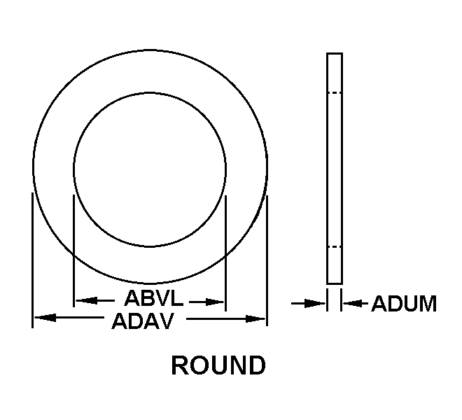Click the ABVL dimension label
(x=153, y=298)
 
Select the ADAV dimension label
(x=143, y=321)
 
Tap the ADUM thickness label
(x=404, y=304)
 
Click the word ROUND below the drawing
(x=218, y=365)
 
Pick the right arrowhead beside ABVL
(x=214, y=302)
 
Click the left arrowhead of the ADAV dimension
(x=45, y=318)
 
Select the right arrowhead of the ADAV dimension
(x=255, y=319)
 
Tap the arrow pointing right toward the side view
(x=308, y=303)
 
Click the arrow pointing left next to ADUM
(x=356, y=303)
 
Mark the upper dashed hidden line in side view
(x=335, y=93)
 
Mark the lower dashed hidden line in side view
(x=335, y=246)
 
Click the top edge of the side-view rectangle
(x=335, y=53)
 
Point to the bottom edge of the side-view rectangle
(x=335, y=283)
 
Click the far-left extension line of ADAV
(x=32, y=260)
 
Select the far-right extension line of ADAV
(x=267, y=260)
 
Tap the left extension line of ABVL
(x=73, y=251)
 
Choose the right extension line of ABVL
(x=225, y=253)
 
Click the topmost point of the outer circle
(x=150, y=50)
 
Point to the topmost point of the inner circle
(x=150, y=93)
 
